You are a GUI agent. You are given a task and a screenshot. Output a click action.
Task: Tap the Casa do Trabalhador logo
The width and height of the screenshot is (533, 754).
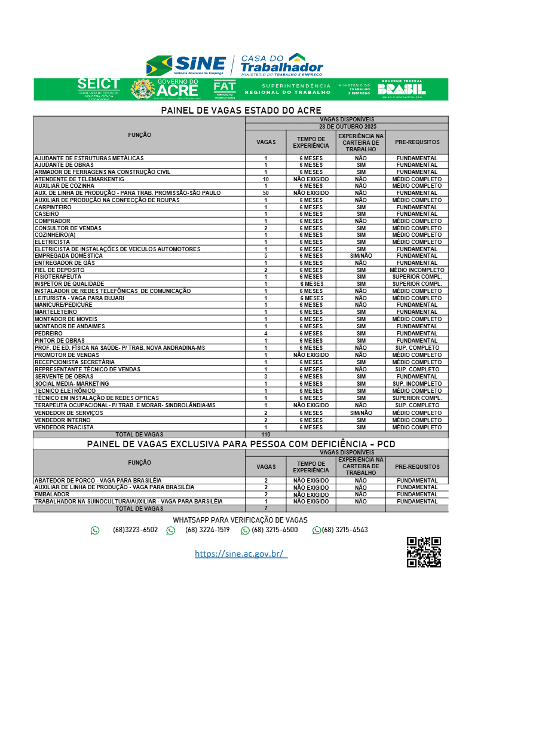281,65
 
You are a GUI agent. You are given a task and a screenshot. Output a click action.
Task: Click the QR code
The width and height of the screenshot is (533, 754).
424,552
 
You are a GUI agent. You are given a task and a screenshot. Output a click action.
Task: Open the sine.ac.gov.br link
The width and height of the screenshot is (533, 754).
241,554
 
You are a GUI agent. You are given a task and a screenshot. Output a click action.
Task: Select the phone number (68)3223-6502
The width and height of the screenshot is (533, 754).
135,530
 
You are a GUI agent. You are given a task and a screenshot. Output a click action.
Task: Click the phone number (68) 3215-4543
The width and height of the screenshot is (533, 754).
345,530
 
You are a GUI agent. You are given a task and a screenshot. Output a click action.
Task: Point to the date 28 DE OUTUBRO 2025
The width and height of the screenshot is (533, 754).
347,127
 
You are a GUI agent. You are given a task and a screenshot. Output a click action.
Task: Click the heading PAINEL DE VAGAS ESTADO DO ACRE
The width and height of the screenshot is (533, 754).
241,111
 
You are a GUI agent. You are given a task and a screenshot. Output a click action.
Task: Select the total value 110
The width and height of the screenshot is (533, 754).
266,435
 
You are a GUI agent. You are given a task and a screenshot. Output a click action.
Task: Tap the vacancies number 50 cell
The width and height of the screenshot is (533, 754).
266,193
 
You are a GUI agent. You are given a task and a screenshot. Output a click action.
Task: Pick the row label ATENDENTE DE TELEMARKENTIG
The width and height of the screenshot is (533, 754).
79,179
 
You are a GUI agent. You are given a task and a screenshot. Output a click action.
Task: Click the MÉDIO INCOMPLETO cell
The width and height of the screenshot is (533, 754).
416,270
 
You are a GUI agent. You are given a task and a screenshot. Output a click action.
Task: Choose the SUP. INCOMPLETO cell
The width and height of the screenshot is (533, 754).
416,384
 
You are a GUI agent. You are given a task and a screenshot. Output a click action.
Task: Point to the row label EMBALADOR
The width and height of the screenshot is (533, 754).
52,494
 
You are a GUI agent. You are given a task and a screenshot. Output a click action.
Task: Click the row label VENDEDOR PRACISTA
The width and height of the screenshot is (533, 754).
64,428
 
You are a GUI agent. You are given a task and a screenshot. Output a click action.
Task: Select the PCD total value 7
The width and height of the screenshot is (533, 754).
266,508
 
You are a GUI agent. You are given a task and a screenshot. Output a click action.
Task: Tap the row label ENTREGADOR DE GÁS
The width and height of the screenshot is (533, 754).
65,263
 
